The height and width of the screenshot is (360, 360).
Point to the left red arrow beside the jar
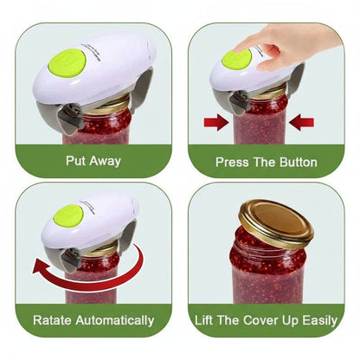(216, 123)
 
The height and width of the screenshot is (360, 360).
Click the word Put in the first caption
(75, 161)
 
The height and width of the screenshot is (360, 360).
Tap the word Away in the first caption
(104, 161)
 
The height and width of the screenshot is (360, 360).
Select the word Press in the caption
(232, 161)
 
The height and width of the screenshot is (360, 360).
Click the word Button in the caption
(296, 161)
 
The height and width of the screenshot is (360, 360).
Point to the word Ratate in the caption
(54, 320)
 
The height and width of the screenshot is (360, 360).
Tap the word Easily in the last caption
(317, 320)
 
